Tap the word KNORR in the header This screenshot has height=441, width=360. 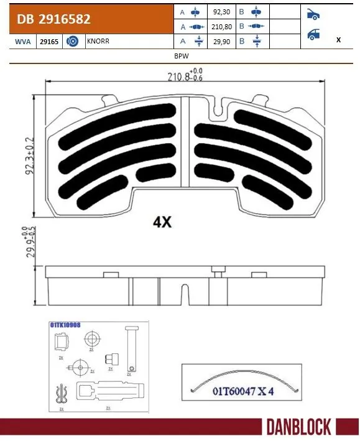96,41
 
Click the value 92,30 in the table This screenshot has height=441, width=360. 221,12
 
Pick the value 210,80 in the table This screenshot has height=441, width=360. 221,27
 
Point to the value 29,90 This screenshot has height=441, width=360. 221,41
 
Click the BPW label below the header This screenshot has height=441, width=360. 180,55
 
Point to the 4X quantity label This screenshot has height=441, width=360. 162,222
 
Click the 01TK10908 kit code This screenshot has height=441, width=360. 65,325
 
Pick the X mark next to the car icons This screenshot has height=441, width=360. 338,39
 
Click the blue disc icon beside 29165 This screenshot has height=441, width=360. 72,41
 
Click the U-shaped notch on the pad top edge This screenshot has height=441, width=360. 217,109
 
